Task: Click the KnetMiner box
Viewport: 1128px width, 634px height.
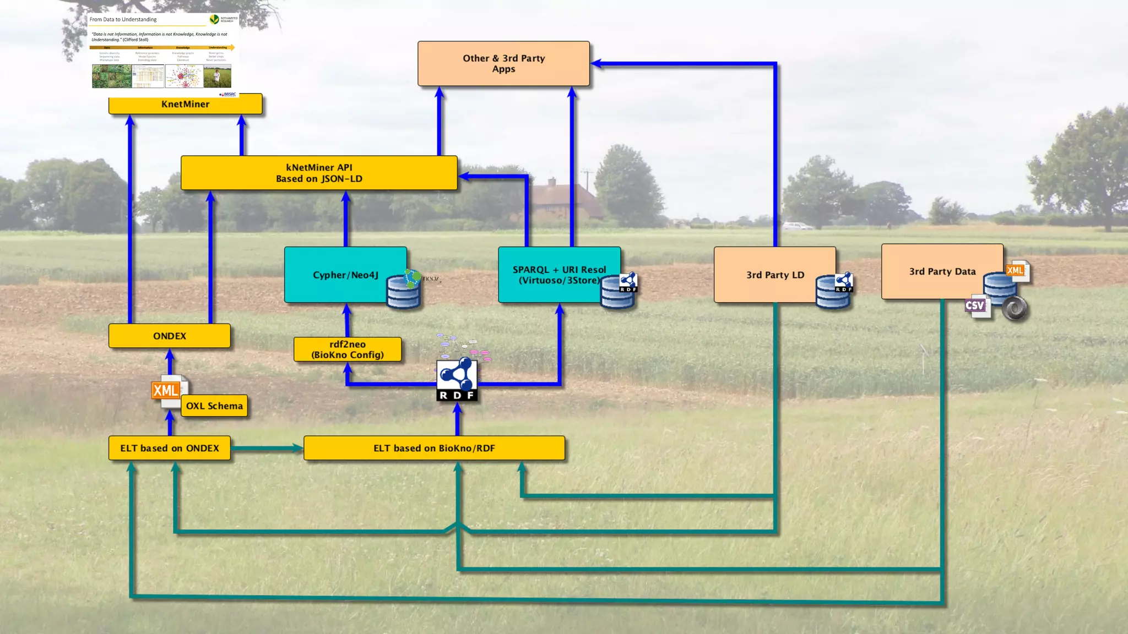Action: tap(185, 104)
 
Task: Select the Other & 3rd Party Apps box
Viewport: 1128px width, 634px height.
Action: tap(503, 63)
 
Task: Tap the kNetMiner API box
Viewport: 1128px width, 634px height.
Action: tap(319, 173)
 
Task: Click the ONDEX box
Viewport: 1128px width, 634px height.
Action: tap(170, 336)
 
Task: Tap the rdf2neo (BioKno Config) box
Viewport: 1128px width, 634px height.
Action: tap(348, 349)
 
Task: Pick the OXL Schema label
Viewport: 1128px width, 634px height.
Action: tap(214, 406)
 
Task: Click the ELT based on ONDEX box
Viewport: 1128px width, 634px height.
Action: tap(170, 448)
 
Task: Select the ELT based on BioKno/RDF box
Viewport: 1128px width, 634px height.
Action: tap(434, 448)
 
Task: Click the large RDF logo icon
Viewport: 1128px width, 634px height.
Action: tap(457, 380)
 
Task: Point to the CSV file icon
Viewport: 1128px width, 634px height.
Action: tap(976, 306)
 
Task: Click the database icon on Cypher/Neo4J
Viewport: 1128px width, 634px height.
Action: tap(403, 292)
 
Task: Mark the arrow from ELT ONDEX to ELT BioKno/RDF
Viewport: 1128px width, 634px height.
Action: tap(267, 449)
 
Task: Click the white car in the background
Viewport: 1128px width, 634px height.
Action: tap(797, 226)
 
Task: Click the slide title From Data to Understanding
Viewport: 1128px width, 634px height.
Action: tap(123, 19)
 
